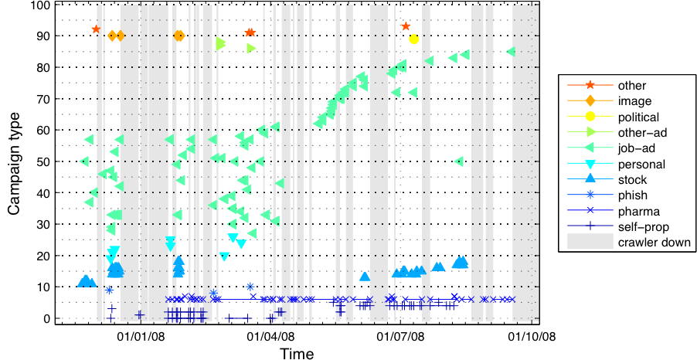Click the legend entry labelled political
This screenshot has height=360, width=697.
click(x=637, y=117)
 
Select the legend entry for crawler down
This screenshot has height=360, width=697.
click(x=654, y=243)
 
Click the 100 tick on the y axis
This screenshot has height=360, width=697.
click(x=41, y=5)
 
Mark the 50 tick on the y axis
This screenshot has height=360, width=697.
click(x=44, y=161)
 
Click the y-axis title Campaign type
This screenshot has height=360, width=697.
click(x=15, y=161)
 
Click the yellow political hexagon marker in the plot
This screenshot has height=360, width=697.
click(x=414, y=39)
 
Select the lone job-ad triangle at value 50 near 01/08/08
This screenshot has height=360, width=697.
click(x=459, y=161)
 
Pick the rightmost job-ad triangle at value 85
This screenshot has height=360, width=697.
click(x=511, y=52)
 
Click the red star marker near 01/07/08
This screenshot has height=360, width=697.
click(x=406, y=26)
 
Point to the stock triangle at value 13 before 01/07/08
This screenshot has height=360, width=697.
click(x=365, y=277)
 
